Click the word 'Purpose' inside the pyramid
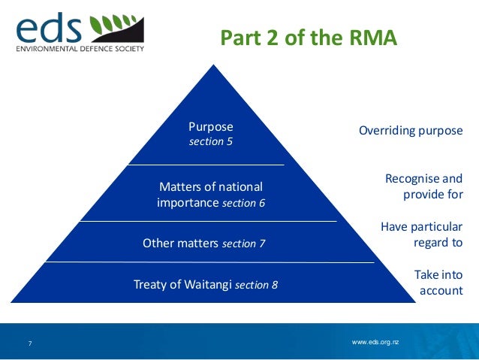(210, 126)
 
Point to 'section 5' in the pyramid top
(210, 141)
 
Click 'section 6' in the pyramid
(244, 203)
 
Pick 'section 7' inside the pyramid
(244, 243)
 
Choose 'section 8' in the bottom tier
(256, 284)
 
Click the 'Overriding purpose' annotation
(410, 130)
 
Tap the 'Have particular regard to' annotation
(421, 234)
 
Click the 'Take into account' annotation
(438, 283)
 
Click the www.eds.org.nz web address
(375, 342)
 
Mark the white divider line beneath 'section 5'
(206, 163)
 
